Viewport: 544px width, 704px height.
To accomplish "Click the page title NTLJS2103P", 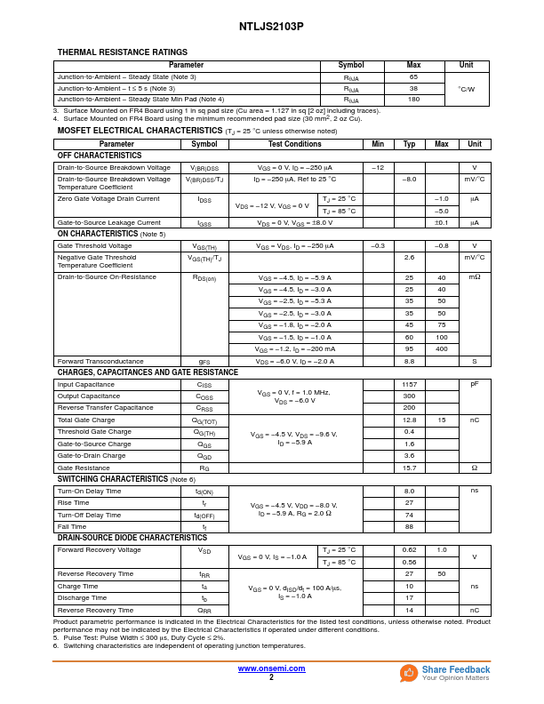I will pos(271,27).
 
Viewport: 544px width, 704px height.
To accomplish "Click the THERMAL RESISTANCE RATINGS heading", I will pos(123,52).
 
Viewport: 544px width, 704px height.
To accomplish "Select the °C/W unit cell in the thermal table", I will pos(466,89).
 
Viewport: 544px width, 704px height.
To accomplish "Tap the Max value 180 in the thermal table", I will pos(413,100).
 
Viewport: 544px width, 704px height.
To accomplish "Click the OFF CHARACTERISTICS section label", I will pos(100,156).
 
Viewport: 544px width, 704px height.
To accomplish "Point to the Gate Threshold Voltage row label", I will pos(94,246).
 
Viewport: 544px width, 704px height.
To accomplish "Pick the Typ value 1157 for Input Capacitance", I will pos(409,385).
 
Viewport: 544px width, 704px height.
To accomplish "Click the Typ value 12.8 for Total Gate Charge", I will pos(409,420).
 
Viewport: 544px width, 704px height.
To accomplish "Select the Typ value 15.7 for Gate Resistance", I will pos(409,468).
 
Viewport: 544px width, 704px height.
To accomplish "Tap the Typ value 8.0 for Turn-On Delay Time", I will pos(409,492).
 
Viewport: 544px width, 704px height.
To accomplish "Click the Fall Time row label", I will pos(73,527).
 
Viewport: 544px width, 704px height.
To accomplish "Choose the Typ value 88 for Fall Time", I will pos(409,527).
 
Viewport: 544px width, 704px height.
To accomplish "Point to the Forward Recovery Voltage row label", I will pos(99,550).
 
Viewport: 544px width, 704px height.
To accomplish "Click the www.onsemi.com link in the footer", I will pos(271,668).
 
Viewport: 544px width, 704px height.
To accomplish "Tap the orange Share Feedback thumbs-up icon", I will pos(409,673).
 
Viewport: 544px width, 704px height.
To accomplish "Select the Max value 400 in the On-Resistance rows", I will pos(442,349).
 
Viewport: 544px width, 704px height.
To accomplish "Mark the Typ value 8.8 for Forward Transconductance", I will pos(409,362).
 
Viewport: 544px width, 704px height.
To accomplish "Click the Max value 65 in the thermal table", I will pos(413,77).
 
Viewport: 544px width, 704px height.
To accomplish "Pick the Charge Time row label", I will pos(77,587).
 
